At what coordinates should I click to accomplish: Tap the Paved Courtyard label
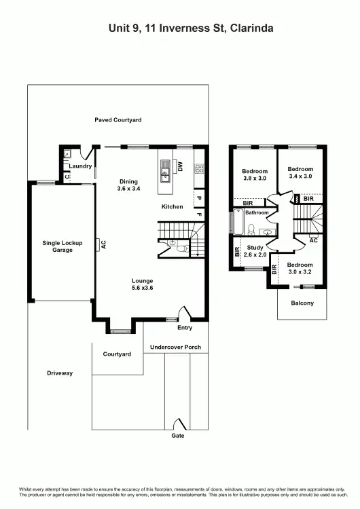tap(118, 120)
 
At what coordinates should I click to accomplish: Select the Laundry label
tap(80, 166)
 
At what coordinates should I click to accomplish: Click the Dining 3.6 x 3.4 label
tap(128, 185)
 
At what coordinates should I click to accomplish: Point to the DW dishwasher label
tap(181, 166)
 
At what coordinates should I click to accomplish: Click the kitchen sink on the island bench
tap(165, 176)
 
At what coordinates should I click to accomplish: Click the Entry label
tap(184, 328)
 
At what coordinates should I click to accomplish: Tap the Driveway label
tap(60, 373)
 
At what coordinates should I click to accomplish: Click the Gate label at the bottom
tap(178, 435)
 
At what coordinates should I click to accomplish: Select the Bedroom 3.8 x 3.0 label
tap(255, 175)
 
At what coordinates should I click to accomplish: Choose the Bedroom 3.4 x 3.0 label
tap(300, 172)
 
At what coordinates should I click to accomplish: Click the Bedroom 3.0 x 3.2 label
tap(299, 268)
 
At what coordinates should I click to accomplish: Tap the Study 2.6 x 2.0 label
tap(255, 251)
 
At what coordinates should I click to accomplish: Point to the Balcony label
tap(302, 303)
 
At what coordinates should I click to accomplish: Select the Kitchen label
tap(172, 206)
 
